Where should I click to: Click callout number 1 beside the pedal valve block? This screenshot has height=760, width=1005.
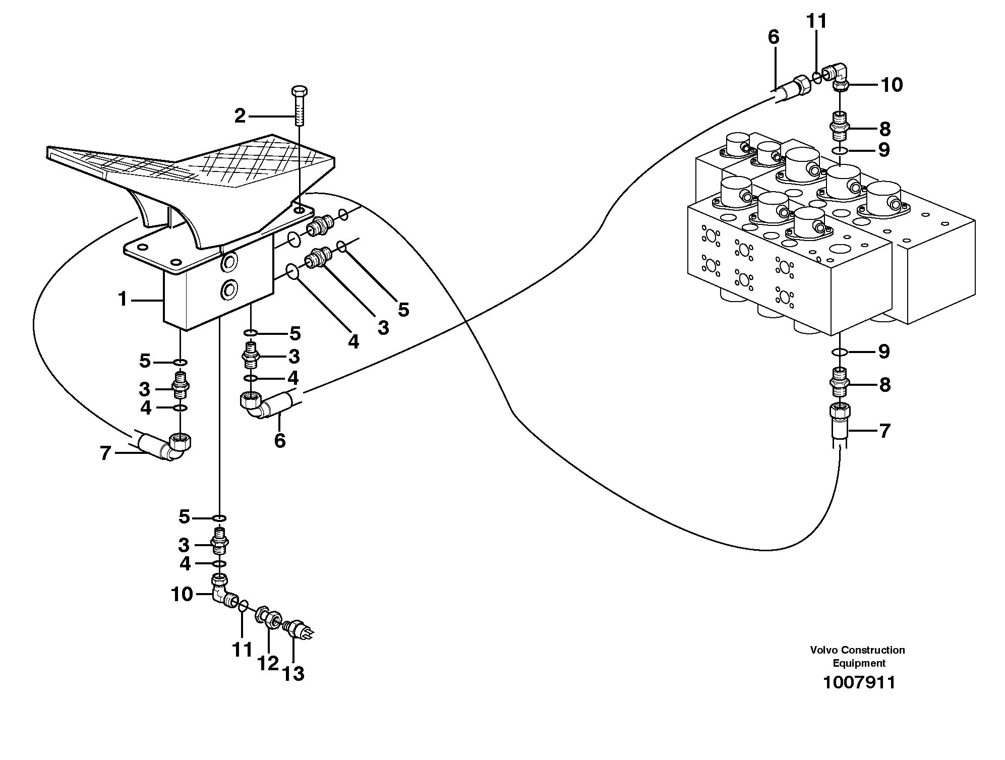coord(123,300)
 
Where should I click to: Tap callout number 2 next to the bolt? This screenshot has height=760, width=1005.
coord(240,117)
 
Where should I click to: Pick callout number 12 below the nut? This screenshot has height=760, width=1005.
coord(268,663)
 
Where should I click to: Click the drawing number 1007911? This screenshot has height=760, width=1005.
coord(859,683)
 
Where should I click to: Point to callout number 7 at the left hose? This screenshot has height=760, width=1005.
coord(105,453)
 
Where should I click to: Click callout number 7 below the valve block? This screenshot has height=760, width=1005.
coord(884,431)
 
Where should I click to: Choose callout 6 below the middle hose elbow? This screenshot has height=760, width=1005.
coord(280,440)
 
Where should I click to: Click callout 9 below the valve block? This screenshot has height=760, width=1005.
coord(883,352)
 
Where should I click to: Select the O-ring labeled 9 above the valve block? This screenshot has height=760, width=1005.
coord(840,151)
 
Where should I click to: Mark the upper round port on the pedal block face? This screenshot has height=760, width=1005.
coord(229,261)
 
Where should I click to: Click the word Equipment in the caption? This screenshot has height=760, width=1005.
coord(859,663)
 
